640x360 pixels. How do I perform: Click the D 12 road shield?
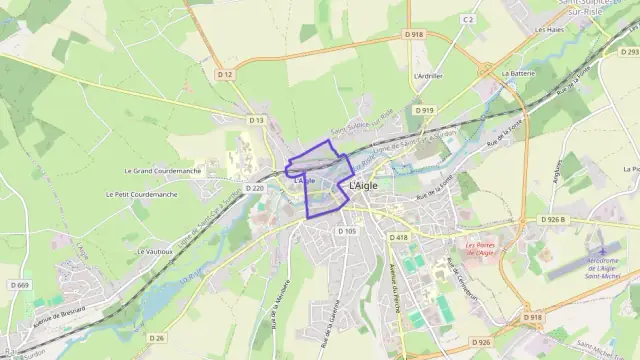tap(224, 74)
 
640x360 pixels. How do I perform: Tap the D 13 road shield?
tap(257, 120)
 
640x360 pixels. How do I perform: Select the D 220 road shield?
tap(255, 188)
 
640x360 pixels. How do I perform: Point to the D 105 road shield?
tap(346, 231)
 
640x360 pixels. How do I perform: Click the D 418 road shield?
tap(399, 237)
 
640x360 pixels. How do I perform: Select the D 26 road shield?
tap(156, 338)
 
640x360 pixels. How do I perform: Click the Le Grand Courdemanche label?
tap(163, 171)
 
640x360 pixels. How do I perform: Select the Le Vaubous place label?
tap(156, 251)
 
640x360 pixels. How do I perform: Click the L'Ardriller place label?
tap(427, 76)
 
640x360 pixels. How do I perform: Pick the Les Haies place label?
tap(549, 29)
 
